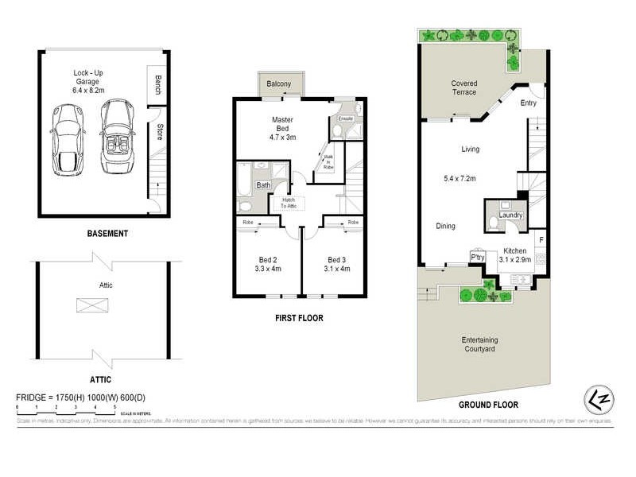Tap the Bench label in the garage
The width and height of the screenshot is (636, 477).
[158, 85]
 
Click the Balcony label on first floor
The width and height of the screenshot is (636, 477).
[278, 84]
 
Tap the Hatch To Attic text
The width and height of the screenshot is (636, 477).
[287, 203]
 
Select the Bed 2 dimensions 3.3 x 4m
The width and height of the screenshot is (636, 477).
[262, 268]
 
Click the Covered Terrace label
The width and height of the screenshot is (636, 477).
[464, 87]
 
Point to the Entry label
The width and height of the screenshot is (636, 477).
[528, 103]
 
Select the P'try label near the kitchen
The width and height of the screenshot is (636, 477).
[478, 258]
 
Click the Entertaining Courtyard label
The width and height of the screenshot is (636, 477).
[479, 344]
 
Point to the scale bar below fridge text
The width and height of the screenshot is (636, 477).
[66, 408]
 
